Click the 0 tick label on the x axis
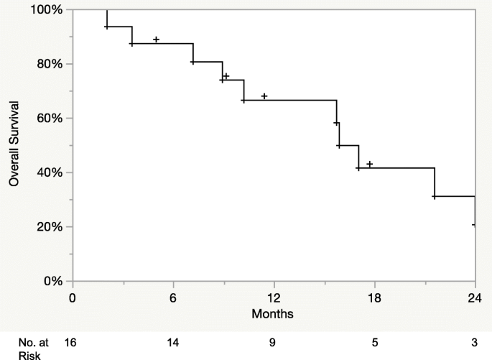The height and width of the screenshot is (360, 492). [73, 297]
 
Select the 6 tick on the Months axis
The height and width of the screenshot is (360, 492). [173, 297]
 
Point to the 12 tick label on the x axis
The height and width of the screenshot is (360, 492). [274, 297]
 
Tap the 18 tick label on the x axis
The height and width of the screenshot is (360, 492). [374, 297]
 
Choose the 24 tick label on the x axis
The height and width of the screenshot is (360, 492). [474, 297]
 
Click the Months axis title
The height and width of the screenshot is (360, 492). [272, 314]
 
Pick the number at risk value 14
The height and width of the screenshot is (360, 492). [173, 342]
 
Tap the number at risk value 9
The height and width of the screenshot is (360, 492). [273, 342]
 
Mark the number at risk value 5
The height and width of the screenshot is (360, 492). [374, 342]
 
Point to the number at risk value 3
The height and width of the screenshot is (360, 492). [474, 342]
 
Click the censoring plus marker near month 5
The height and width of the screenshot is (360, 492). [156, 40]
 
